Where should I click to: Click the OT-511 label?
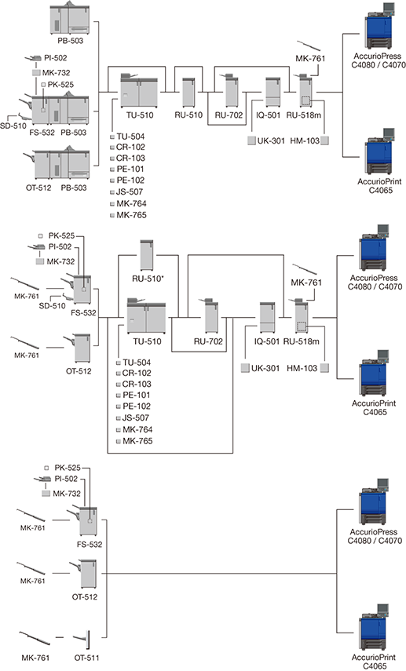(x=87, y=658)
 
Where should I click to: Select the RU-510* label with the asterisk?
(x=148, y=279)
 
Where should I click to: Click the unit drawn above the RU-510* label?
(x=147, y=256)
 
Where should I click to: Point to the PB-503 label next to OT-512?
(x=73, y=188)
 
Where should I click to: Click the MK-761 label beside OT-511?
(x=35, y=658)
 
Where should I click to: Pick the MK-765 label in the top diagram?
(x=131, y=215)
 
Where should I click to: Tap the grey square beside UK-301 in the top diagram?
(x=252, y=140)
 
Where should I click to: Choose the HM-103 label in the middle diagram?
(x=302, y=368)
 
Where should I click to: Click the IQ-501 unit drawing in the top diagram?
(x=272, y=92)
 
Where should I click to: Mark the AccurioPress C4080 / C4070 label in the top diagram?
(x=377, y=60)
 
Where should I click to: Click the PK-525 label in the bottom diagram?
(x=68, y=468)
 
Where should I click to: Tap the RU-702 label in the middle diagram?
(x=208, y=341)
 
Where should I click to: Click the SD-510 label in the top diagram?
(x=13, y=126)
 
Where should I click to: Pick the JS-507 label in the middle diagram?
(x=136, y=418)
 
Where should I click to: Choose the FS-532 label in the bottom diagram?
(x=90, y=545)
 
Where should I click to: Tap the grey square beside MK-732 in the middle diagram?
(x=40, y=261)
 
